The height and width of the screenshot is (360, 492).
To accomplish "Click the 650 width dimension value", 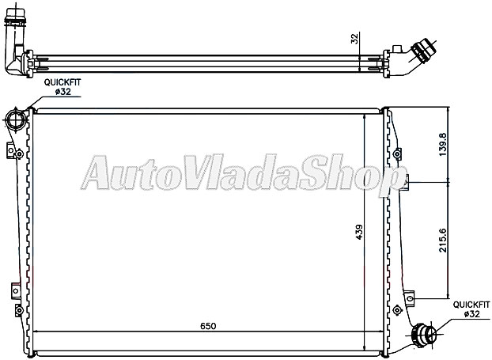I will (207, 324).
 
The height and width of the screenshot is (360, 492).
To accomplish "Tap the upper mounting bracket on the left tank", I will (13, 150).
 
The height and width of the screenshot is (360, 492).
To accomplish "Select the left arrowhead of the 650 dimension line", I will (36, 331).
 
